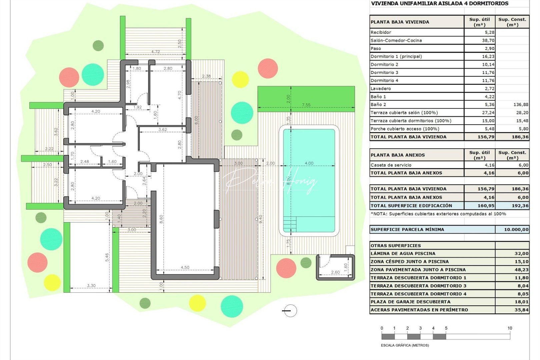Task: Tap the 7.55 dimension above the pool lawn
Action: [306, 105]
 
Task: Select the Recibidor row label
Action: [381, 32]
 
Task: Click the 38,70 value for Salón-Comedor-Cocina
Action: [488, 40]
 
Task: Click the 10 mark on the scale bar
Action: [510, 328]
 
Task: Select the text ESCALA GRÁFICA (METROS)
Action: [405, 345]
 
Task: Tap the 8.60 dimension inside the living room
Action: [161, 219]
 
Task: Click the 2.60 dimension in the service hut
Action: [335, 272]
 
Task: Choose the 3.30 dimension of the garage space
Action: [91, 286]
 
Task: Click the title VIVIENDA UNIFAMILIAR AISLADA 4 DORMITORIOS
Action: [439, 4]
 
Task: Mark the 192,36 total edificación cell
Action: [520, 206]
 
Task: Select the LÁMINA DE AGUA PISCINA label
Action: [403, 253]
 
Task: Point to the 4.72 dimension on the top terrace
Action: [155, 52]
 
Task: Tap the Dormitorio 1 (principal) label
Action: [396, 56]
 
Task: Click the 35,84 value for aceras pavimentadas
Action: [521, 310]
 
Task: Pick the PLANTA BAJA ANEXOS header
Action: [398, 155]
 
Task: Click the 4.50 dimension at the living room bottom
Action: [185, 267]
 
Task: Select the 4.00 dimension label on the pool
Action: [309, 163]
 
